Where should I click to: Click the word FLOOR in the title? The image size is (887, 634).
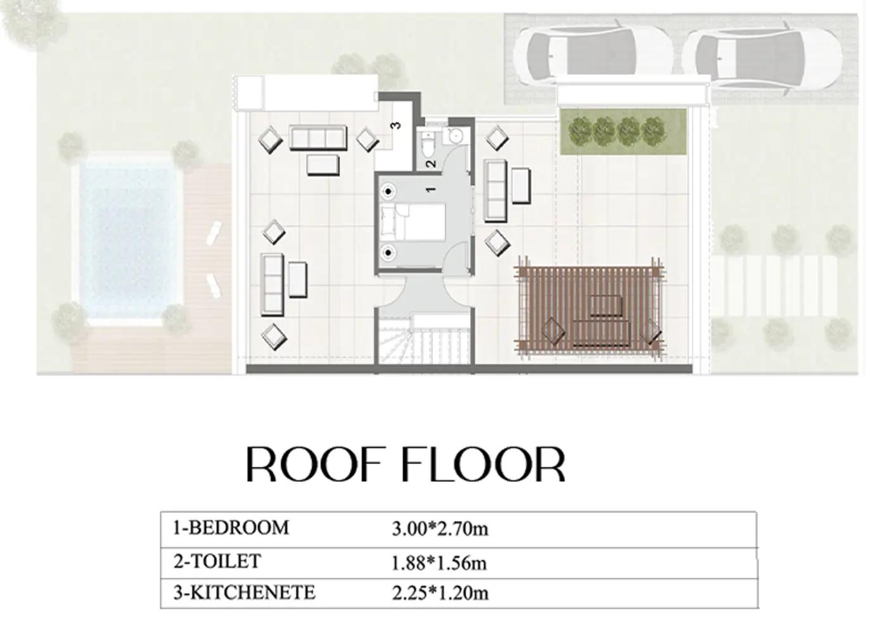[x=483, y=464]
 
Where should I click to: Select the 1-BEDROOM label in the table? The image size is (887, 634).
[x=231, y=528]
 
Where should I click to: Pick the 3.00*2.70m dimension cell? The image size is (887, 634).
[x=440, y=529]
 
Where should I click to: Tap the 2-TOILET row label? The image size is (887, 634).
[x=217, y=562]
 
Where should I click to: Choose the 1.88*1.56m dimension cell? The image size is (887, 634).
[x=439, y=563]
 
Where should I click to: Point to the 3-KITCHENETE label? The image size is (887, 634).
[x=245, y=593]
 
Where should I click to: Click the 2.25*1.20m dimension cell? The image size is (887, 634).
[x=440, y=593]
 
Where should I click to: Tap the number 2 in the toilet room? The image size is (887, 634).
[x=431, y=163]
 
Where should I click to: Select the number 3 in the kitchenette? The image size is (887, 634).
[x=395, y=126]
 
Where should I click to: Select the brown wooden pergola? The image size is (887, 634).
[x=589, y=307]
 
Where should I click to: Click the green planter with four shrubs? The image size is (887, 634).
[x=623, y=132]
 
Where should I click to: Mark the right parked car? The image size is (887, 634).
[x=762, y=58]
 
